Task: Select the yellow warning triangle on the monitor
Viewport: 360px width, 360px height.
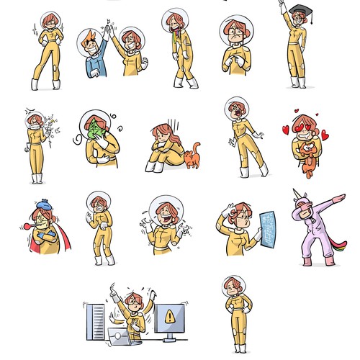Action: (169, 315)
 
